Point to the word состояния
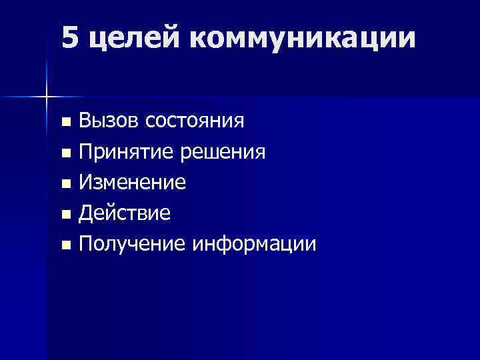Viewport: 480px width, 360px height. pos(194,122)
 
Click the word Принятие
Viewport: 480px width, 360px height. pos(125,153)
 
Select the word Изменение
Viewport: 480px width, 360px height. pos(132,183)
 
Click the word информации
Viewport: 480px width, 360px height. pos(255,246)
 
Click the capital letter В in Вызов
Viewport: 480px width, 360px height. pos(85,121)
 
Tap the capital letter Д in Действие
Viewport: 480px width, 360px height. pos(85,214)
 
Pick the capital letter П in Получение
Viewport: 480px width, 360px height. pos(85,245)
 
